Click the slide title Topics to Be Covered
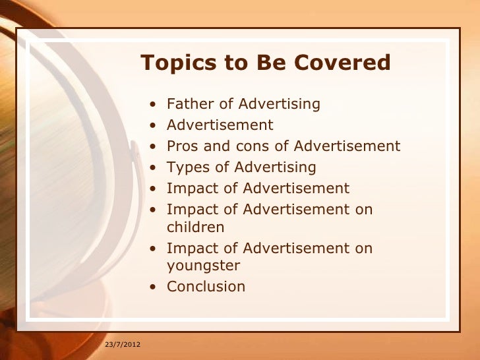click(265, 63)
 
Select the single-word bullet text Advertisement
click(220, 125)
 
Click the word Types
click(188, 167)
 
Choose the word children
click(195, 227)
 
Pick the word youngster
click(203, 266)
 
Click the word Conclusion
click(206, 287)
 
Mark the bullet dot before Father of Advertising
click(153, 105)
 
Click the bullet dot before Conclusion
click(153, 287)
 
